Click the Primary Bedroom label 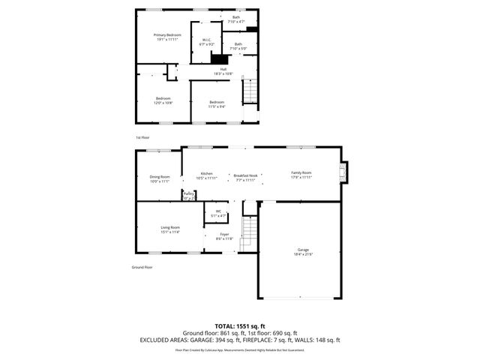(x=168, y=37)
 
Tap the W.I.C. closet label (x=206, y=42)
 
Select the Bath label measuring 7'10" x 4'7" (x=236, y=19)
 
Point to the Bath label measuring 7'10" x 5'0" (x=238, y=46)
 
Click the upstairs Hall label (x=223, y=71)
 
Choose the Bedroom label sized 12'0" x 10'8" (x=163, y=100)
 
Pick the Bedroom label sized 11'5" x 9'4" (x=217, y=103)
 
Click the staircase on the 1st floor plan (x=250, y=93)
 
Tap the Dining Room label (x=160, y=178)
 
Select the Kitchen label (x=206, y=175)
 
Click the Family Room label (x=301, y=175)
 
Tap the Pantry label (x=189, y=196)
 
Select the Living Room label (x=170, y=229)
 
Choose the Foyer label (x=224, y=237)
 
